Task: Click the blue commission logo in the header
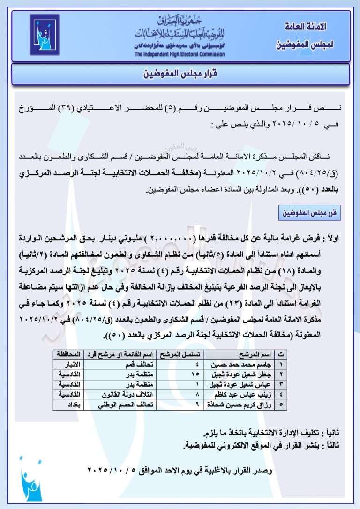tap(45, 34)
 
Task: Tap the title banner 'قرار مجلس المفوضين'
tap(181, 74)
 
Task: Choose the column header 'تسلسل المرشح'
tap(181, 354)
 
